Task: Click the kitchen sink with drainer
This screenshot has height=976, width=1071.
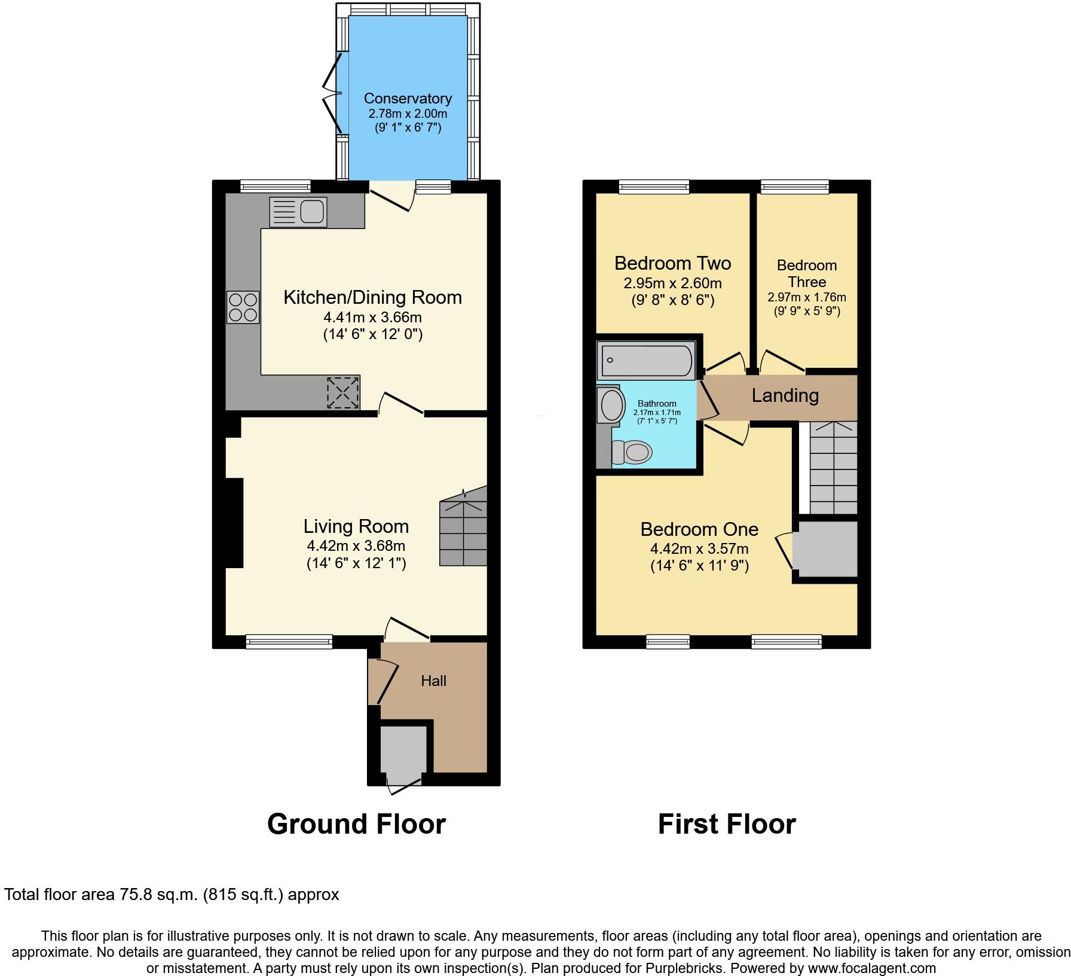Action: point(298,212)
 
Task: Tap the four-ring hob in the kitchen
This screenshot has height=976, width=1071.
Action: point(243,307)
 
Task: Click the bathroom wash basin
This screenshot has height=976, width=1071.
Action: point(610,405)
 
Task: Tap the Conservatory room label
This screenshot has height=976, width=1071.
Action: point(408,99)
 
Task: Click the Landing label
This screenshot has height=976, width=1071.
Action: point(785,395)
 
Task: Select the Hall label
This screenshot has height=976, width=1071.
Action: point(433,681)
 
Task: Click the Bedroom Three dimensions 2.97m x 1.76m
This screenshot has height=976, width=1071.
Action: point(806,297)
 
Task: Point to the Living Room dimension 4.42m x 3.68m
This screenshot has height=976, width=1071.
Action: point(356,545)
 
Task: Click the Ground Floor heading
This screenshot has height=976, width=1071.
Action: point(356,824)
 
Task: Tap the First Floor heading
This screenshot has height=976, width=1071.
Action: point(726,824)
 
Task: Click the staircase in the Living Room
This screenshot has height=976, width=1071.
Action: point(464,526)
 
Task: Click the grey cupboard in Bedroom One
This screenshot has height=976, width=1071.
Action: point(828,549)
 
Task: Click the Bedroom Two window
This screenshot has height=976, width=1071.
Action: point(654,187)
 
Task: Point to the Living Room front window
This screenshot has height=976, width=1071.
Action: point(289,642)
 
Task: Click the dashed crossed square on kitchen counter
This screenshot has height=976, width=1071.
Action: point(343,393)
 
